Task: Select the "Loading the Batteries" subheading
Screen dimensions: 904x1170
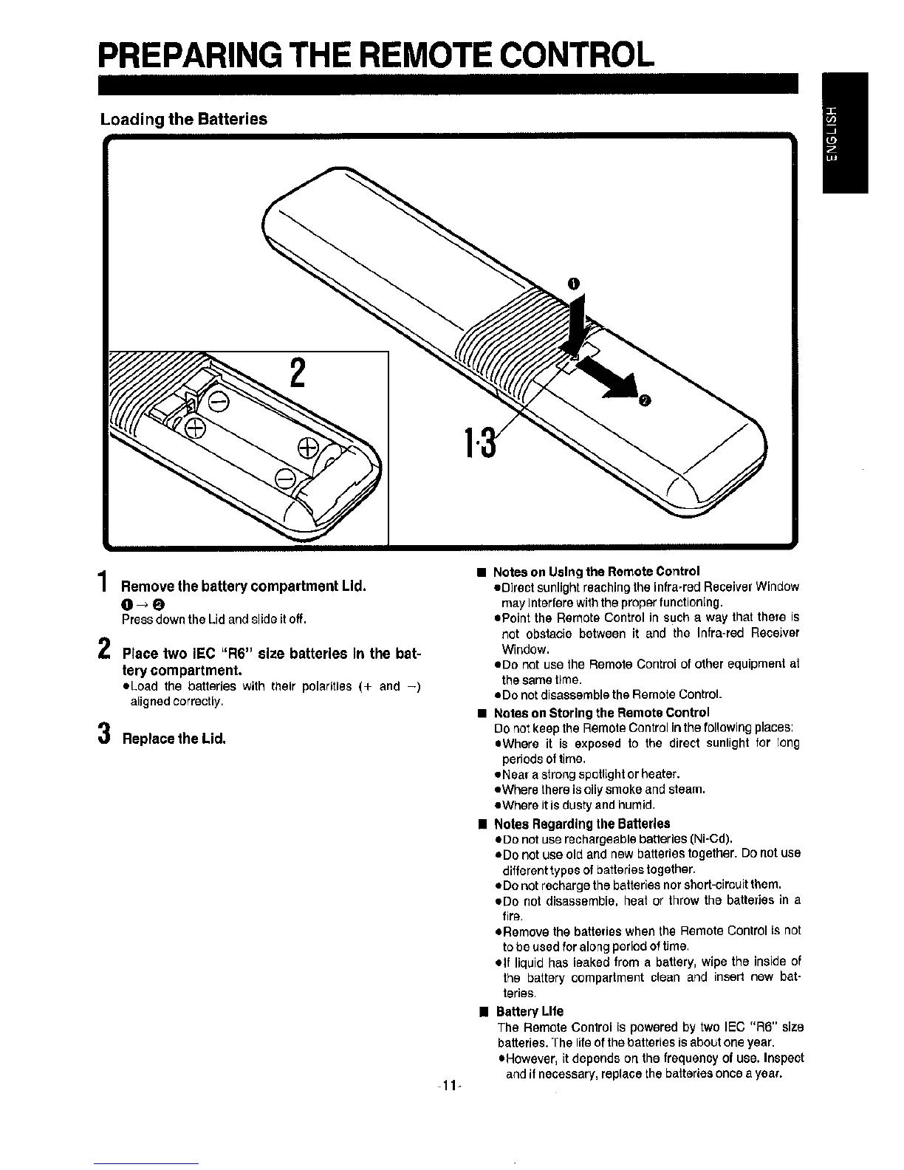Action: (184, 120)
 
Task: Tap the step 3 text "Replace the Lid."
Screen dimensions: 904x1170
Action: (174, 739)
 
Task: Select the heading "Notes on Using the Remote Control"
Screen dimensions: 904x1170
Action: (596, 572)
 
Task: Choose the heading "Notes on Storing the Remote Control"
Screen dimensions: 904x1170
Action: (601, 713)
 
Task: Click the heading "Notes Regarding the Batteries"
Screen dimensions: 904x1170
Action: (582, 824)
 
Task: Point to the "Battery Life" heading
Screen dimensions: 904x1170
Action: (530, 1011)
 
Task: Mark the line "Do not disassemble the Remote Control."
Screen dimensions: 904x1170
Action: (610, 695)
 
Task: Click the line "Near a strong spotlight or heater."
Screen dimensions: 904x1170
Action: (589, 774)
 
